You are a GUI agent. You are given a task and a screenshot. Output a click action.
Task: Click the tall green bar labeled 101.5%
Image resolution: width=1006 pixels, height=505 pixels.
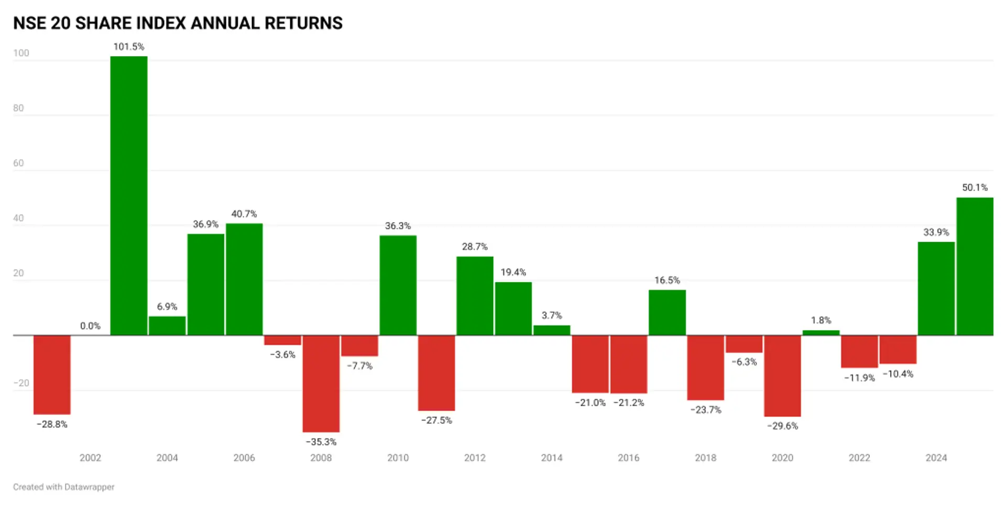[129, 195]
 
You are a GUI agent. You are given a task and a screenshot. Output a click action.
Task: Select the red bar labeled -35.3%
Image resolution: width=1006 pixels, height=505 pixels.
[321, 383]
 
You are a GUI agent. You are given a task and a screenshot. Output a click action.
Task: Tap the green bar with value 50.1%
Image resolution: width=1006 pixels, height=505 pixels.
[975, 266]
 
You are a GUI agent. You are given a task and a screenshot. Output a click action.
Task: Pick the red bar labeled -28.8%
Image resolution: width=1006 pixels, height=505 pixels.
[52, 375]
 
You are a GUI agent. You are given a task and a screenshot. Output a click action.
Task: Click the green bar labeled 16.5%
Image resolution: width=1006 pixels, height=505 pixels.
[667, 312]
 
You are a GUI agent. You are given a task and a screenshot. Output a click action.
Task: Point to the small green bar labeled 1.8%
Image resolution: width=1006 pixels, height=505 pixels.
[821, 333]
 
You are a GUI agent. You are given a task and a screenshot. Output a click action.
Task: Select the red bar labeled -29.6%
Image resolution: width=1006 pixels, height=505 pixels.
[782, 376]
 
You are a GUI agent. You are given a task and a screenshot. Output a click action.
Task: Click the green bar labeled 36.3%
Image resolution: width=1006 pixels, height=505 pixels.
[398, 286]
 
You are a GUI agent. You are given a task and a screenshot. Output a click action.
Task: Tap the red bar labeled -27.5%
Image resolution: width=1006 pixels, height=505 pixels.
[436, 373]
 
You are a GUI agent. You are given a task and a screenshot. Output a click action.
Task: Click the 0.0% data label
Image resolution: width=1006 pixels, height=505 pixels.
[90, 326]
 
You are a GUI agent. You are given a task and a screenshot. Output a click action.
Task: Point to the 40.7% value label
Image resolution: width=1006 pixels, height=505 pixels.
[244, 214]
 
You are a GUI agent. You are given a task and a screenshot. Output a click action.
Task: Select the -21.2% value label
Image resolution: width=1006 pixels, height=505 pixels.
[629, 402]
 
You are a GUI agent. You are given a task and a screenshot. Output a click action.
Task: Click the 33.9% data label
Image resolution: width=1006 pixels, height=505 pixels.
[936, 232]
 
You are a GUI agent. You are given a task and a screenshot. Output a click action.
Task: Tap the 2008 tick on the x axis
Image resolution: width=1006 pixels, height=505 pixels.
[321, 458]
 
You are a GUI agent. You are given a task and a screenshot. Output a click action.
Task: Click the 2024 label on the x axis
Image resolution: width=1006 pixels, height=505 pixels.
[936, 458]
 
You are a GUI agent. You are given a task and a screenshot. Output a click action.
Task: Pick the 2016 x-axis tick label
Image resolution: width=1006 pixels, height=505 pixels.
[629, 458]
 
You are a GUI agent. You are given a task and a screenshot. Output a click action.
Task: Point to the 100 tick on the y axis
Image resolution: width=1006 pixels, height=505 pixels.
[21, 53]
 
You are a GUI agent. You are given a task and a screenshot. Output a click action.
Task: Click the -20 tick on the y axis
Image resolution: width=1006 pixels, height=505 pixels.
[21, 383]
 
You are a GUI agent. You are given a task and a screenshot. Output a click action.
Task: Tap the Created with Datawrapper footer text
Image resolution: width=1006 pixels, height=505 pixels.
[64, 487]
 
